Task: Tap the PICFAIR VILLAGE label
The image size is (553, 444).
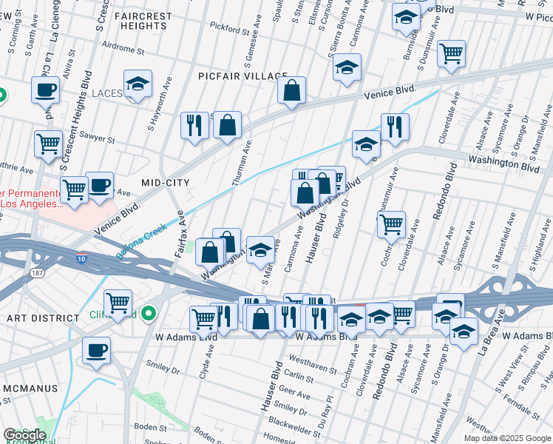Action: pos(242,76)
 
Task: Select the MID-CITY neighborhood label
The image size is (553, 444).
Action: pos(166,182)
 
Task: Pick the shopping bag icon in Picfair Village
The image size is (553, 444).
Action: pos(292,90)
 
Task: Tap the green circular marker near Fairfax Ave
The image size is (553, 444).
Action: pos(149,314)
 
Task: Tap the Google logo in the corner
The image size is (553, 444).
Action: pos(24,435)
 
